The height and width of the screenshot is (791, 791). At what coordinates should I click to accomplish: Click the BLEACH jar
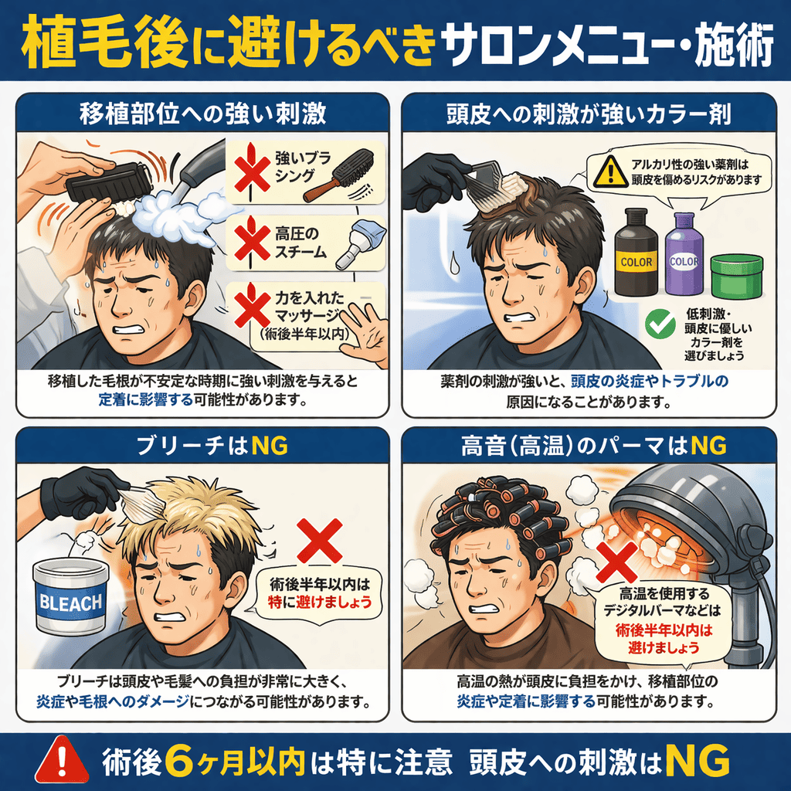(70, 597)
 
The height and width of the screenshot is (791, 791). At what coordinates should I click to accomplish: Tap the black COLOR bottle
(637, 252)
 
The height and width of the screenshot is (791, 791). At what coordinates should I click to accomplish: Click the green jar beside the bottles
(736, 277)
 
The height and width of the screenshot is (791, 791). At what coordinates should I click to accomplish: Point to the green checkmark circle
(660, 324)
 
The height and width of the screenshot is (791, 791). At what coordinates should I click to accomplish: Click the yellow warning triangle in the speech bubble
(610, 171)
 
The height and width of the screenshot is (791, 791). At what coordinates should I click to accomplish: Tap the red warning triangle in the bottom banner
(62, 761)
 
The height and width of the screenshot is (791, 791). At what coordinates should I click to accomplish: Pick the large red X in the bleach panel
(319, 540)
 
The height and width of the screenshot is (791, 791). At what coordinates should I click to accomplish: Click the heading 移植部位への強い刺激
(203, 114)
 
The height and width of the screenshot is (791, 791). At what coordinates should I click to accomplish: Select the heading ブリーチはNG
(212, 446)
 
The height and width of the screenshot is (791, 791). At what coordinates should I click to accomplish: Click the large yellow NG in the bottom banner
(698, 761)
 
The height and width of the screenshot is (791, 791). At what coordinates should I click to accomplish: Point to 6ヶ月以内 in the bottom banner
(235, 761)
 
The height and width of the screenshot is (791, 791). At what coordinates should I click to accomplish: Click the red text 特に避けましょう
(320, 602)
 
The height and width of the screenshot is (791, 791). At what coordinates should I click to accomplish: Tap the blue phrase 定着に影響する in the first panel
(146, 400)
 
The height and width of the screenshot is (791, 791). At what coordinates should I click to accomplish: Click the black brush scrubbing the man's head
(108, 182)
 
